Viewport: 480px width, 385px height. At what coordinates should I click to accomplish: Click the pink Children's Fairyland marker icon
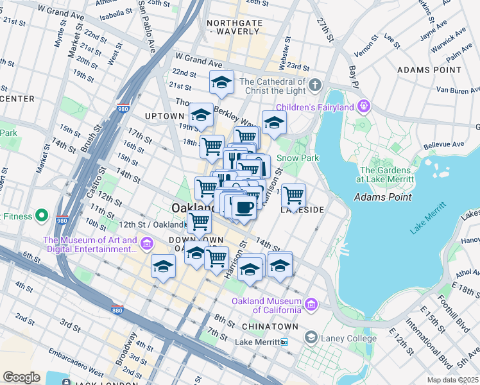pyautogui.click(x=364, y=105)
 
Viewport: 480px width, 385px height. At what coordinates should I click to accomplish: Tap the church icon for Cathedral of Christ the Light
pyautogui.click(x=314, y=85)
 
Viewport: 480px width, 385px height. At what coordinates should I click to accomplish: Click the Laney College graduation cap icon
pyautogui.click(x=311, y=338)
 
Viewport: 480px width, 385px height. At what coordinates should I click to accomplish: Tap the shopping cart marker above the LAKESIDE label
pyautogui.click(x=293, y=194)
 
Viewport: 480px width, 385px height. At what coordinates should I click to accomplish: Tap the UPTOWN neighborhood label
pyautogui.click(x=164, y=116)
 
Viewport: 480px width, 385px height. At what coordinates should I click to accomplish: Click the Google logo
pyautogui.click(x=21, y=377)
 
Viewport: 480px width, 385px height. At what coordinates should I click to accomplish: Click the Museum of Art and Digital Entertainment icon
pyautogui.click(x=146, y=244)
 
